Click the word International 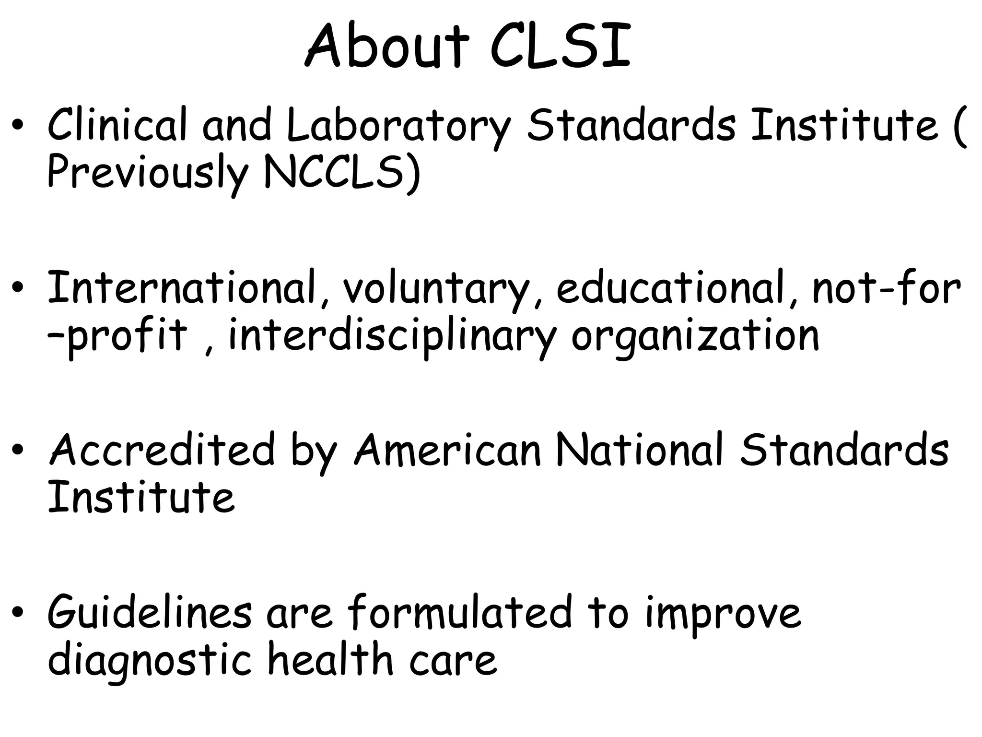183,288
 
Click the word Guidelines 149,612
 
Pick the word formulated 460,612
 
